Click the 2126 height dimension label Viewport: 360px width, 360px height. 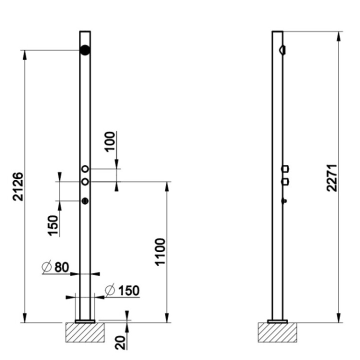click(18, 186)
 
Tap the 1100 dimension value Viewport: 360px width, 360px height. click(159, 252)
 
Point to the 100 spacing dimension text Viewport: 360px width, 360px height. click(110, 141)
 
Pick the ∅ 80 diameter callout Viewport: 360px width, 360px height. click(55, 267)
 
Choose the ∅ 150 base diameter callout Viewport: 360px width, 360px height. click(122, 290)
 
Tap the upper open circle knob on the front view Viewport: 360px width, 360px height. click(85, 169)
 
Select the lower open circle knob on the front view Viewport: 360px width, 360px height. click(85, 181)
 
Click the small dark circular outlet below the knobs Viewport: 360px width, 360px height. click(85, 201)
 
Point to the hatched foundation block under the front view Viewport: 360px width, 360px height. click(84, 332)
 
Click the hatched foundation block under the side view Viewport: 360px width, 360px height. click(277, 332)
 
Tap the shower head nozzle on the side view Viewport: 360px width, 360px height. click(282, 50)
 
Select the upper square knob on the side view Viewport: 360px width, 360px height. click(285, 169)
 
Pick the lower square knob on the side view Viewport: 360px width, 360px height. click(285, 181)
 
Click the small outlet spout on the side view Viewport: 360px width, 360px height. click(284, 201)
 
